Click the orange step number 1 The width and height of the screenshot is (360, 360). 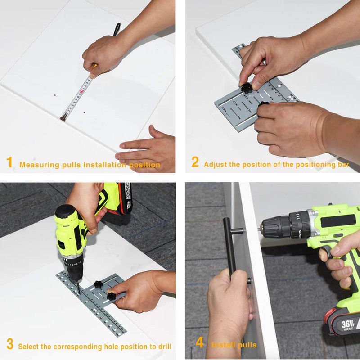click(x=9, y=162)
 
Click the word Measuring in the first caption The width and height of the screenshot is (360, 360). click(x=39, y=165)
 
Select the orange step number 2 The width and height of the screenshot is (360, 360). click(x=195, y=162)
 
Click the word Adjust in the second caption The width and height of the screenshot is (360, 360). click(x=215, y=165)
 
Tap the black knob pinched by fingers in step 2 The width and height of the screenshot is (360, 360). click(x=247, y=85)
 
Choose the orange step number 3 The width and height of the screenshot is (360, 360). click(x=9, y=345)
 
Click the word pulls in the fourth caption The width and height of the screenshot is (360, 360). click(x=246, y=345)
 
